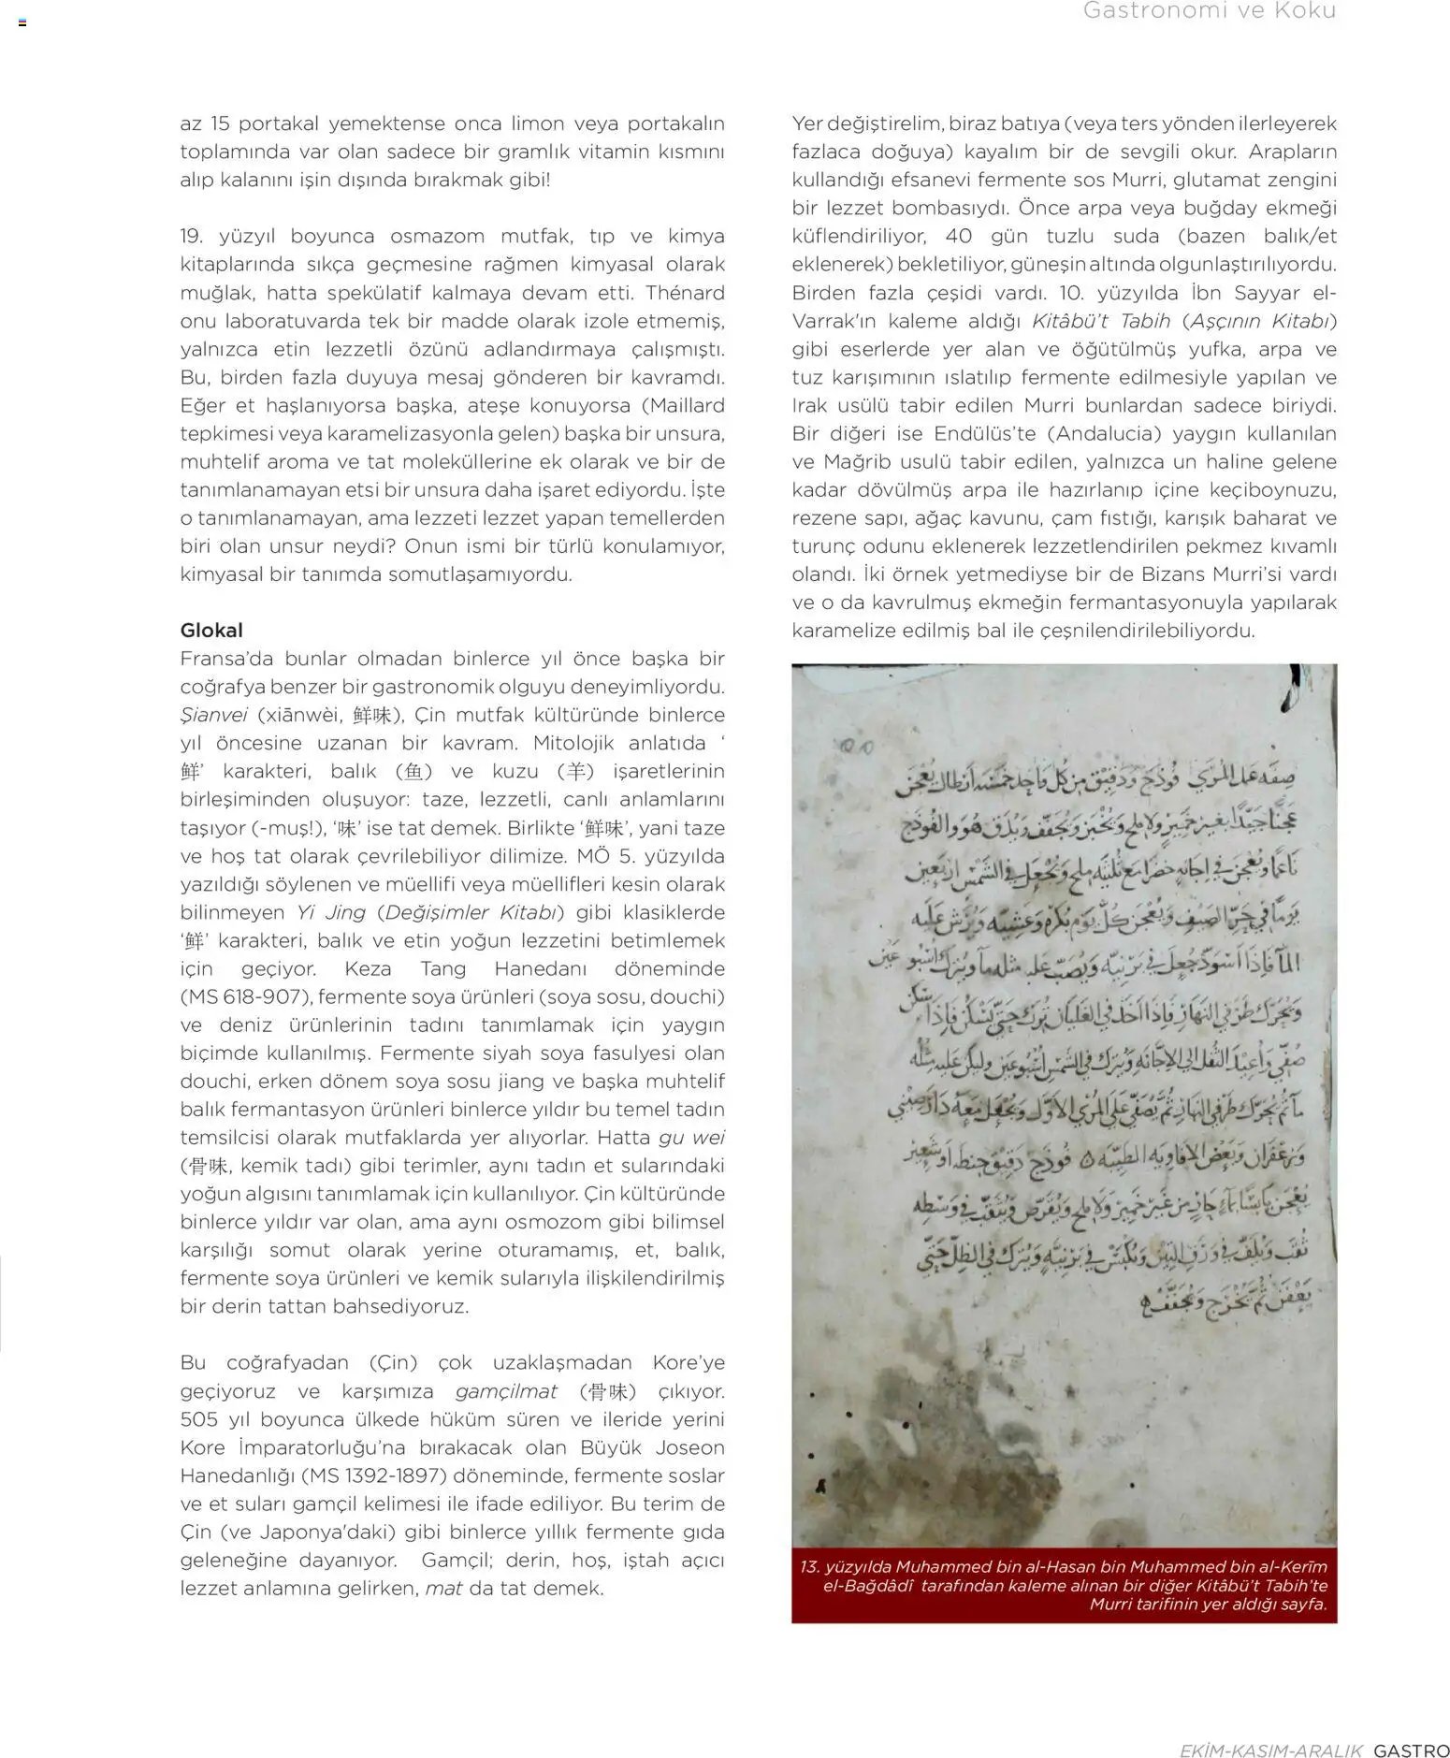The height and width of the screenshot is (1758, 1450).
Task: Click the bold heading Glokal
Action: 211,630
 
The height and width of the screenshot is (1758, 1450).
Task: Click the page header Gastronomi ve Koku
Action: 1209,12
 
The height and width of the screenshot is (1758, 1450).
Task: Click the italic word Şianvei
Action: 213,715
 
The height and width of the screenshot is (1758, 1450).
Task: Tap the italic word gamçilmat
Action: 506,1390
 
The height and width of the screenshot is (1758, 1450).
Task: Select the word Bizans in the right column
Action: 1171,574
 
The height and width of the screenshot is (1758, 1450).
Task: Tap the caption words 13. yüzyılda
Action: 845,1565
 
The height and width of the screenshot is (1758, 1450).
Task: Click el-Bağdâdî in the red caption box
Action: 867,1585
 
